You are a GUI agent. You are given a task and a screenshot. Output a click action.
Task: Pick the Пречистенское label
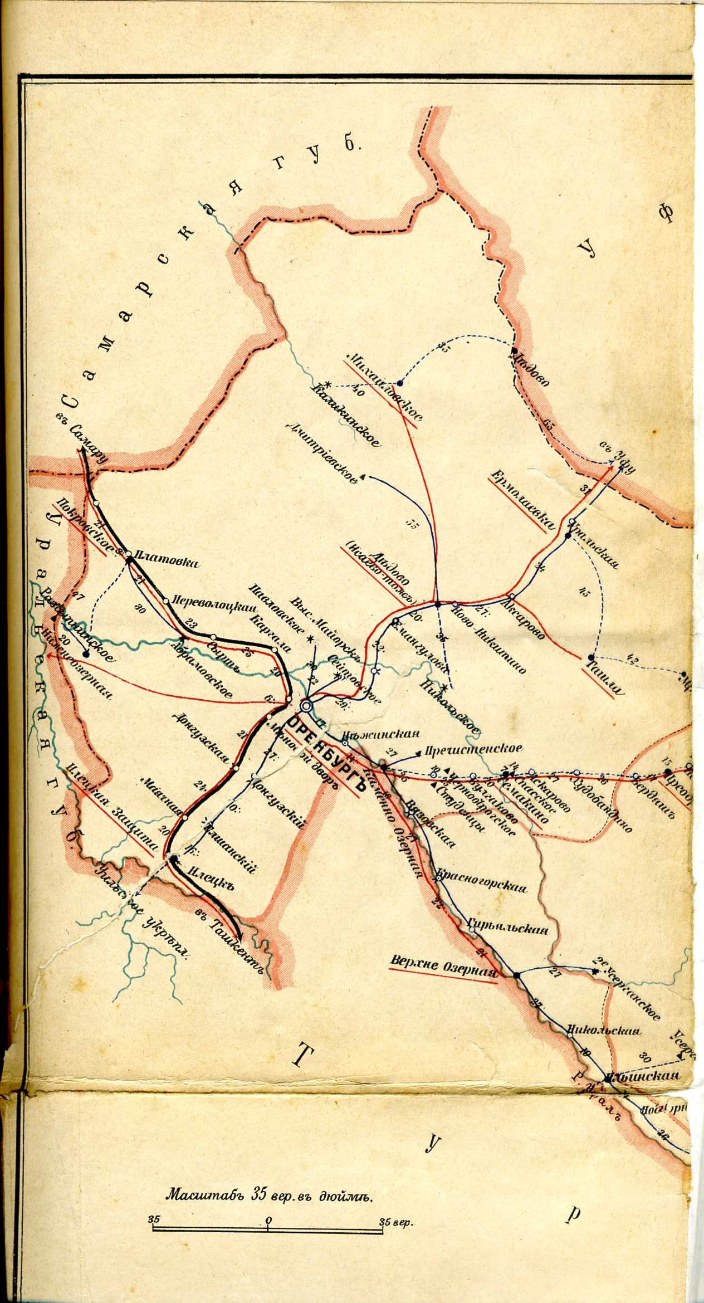point(473,749)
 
